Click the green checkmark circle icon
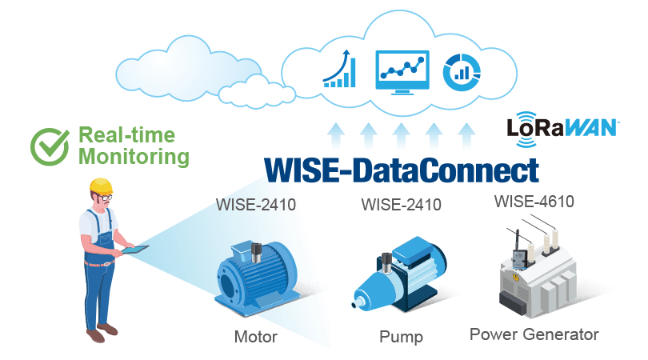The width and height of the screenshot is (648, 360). [x=50, y=145]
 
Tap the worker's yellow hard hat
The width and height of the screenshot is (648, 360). [x=101, y=186]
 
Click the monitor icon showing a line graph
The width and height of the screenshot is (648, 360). [x=402, y=70]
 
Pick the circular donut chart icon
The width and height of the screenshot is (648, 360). [x=460, y=70]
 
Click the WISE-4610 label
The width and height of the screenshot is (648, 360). [x=534, y=201]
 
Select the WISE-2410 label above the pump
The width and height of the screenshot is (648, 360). [x=401, y=205]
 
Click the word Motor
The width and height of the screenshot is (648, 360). [x=255, y=337]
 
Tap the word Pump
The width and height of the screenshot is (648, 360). [x=401, y=337]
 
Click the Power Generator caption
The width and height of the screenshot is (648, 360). [x=534, y=334]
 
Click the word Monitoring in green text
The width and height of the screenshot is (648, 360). [x=134, y=156]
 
